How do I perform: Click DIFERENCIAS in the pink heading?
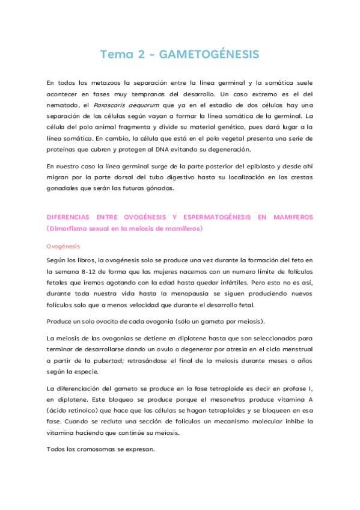tap(70, 217)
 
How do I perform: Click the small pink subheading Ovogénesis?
tap(63, 247)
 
